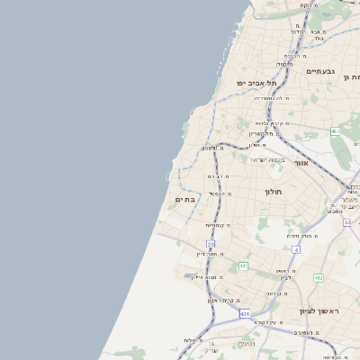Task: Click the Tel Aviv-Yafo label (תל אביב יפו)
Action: tap(256, 83)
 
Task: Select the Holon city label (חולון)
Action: tap(274, 192)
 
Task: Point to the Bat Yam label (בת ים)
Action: tap(184, 199)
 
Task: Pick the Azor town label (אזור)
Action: tap(301, 164)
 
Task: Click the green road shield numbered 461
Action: tap(335, 131)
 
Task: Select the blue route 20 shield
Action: tap(211, 244)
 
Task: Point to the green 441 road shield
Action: tap(243, 266)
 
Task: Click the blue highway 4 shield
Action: tap(295, 249)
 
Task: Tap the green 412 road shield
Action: tap(319, 278)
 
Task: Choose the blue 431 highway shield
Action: tap(244, 314)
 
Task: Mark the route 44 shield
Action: tap(347, 221)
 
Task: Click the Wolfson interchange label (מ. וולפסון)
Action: tap(208, 148)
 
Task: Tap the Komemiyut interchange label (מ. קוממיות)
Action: tap(218, 225)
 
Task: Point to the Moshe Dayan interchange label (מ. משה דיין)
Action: tap(207, 254)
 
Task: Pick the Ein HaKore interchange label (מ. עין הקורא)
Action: tap(268, 321)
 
